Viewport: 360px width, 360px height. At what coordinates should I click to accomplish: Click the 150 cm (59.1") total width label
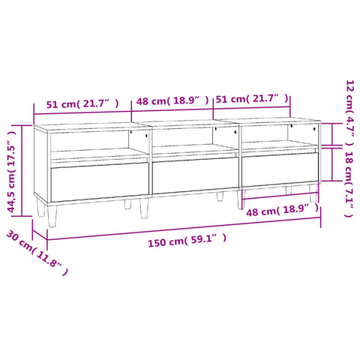click(187, 240)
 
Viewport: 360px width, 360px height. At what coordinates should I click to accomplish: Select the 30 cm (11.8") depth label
click(37, 252)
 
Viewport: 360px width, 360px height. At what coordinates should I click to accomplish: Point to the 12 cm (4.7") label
click(349, 113)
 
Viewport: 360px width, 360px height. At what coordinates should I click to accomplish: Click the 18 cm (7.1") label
click(349, 184)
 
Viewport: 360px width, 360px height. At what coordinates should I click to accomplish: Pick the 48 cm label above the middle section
click(172, 100)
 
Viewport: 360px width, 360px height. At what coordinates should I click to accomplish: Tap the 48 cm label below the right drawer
click(283, 210)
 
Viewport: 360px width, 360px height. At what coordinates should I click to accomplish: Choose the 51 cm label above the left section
click(82, 103)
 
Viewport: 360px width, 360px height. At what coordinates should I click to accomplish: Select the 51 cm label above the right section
click(252, 98)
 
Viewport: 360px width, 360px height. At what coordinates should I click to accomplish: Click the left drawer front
click(100, 181)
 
